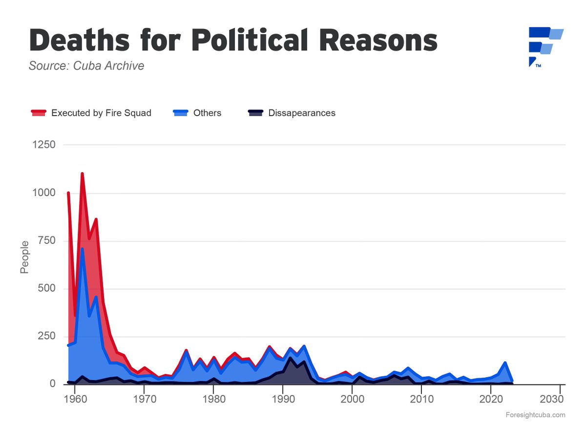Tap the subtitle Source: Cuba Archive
tap(86, 66)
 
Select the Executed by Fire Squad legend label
tap(101, 113)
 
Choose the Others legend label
tap(207, 113)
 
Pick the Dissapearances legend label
tap(302, 113)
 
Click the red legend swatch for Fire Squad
tap(39, 113)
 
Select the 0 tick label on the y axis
tap(52, 384)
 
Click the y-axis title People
tap(24, 257)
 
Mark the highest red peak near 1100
tap(82, 174)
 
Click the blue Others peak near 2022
tap(505, 363)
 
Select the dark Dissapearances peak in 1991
tap(290, 359)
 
